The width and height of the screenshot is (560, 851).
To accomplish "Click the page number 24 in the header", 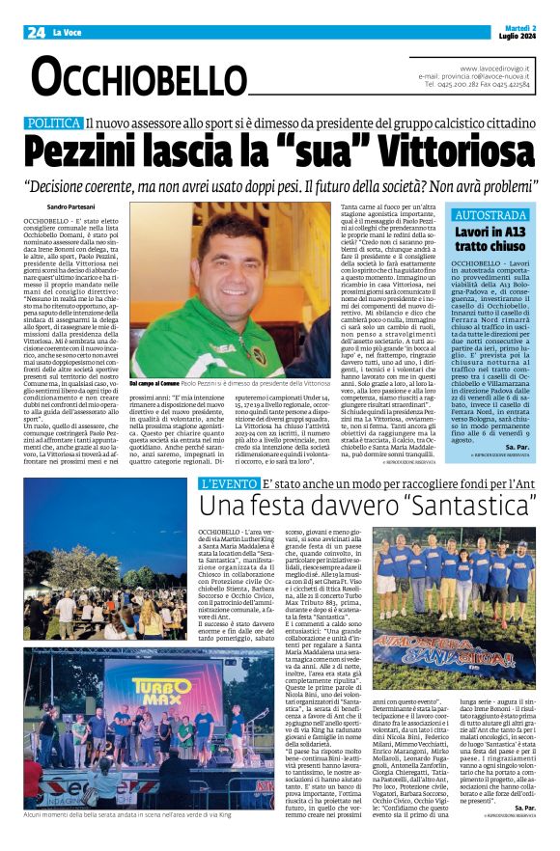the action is coord(36,32).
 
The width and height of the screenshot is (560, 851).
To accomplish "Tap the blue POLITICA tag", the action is coord(53,124).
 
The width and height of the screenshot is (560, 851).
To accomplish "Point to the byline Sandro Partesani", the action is coord(71,207).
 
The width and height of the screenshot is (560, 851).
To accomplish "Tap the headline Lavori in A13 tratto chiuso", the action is coord(490,239).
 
